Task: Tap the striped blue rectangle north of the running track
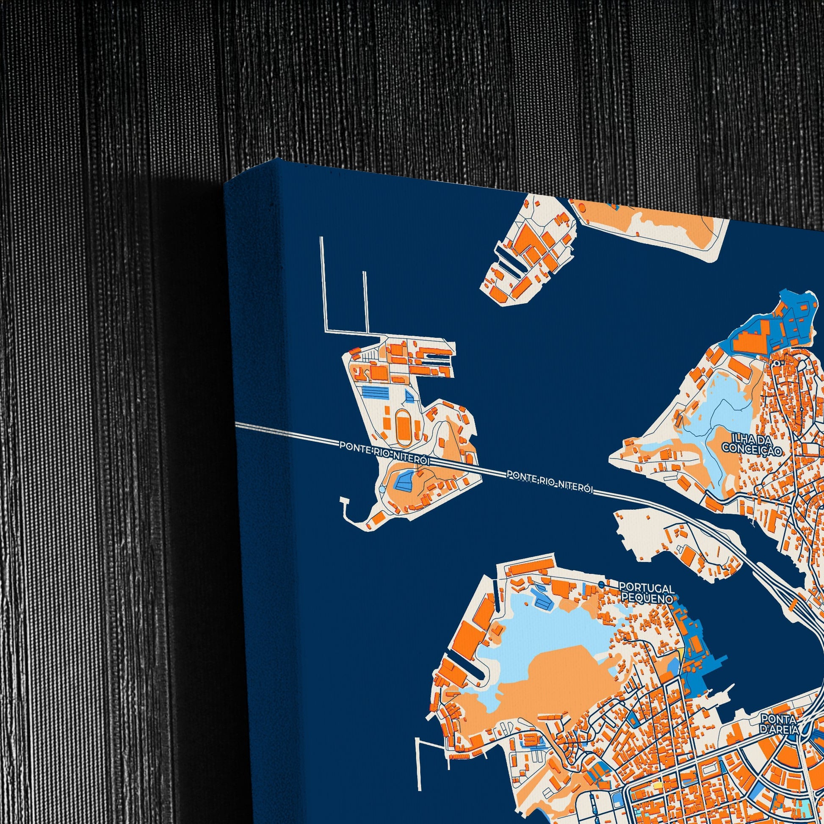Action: coord(375,392)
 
